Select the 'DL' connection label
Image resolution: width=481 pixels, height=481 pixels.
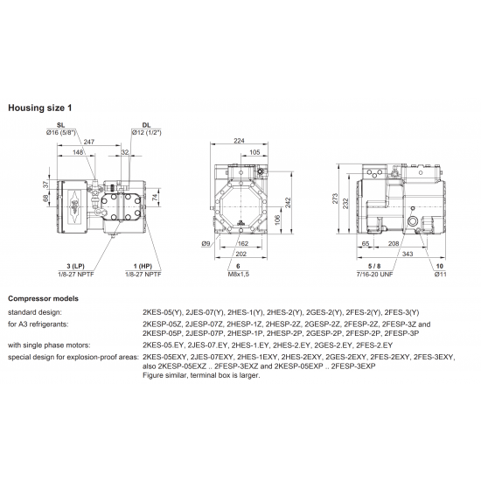click(x=145, y=125)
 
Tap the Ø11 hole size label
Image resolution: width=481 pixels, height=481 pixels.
click(x=440, y=274)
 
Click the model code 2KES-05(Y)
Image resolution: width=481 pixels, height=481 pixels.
click(x=160, y=311)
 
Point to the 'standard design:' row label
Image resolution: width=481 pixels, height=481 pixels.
click(x=34, y=311)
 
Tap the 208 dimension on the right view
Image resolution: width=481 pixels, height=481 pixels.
click(x=394, y=244)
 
